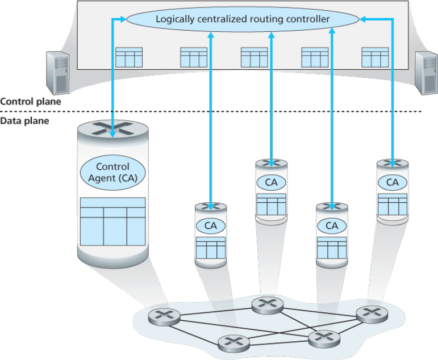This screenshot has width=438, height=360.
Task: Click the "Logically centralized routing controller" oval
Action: point(243,19)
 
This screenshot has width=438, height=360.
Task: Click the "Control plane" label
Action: point(31,102)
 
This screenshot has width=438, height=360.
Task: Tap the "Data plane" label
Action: point(24,121)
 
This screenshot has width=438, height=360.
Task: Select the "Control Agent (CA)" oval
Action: point(112,173)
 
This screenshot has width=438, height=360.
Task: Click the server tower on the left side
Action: point(57,73)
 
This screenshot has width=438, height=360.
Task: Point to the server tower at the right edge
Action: point(426,73)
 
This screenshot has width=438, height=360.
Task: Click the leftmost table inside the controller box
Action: point(129,57)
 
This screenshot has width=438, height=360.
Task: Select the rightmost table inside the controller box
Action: point(375,57)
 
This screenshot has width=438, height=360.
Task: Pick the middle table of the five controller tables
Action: point(254,57)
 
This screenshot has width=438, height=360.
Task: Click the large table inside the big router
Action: point(112,222)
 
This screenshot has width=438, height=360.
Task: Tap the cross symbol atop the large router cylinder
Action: point(112,128)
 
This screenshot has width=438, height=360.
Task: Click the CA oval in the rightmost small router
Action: point(393,182)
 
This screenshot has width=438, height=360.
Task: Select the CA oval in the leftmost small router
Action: point(211,225)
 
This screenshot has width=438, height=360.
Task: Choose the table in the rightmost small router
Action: point(393,204)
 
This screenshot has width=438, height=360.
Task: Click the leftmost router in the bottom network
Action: point(164,317)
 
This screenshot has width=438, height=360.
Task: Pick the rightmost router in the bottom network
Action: point(372,314)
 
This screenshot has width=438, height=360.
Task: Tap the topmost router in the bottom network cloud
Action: point(268,305)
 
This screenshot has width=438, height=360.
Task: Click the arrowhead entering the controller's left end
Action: point(123,19)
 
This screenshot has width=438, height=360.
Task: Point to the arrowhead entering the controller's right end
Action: point(362,19)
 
